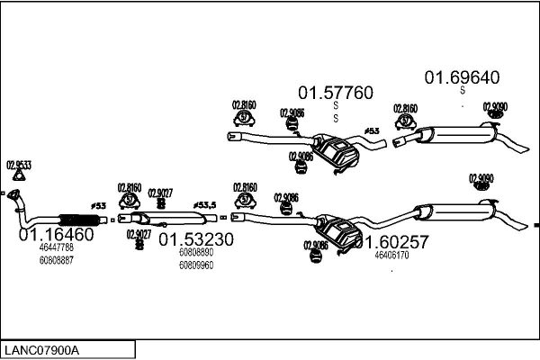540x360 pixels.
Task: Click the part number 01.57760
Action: point(335,93)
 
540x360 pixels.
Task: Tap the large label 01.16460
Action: point(56,235)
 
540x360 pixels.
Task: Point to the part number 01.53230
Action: point(196,239)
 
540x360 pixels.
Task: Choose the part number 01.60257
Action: point(391,241)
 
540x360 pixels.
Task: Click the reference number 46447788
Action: point(56,247)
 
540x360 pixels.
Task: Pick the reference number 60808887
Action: point(56,260)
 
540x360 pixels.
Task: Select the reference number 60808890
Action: point(196,253)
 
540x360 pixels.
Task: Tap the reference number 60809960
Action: point(196,265)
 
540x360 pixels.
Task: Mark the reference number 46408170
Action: point(391,255)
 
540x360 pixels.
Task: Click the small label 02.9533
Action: point(19,165)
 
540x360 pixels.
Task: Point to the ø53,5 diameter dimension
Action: point(206,205)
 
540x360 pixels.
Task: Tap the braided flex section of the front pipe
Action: point(77,219)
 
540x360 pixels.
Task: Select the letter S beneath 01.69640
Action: point(462,89)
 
